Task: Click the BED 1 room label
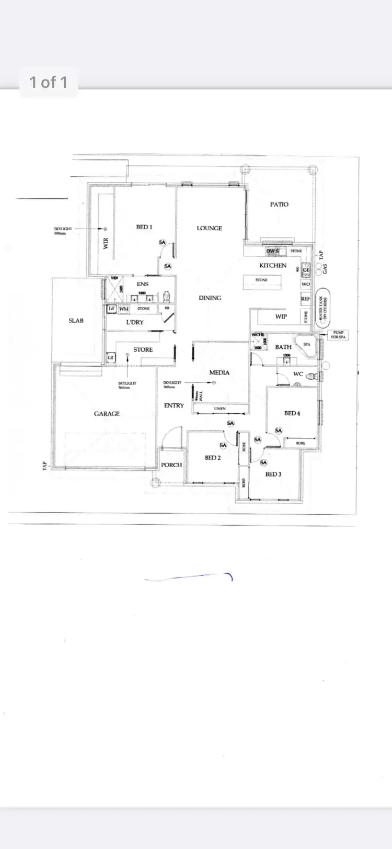click(x=144, y=227)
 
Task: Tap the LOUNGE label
click(x=209, y=228)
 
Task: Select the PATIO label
click(x=279, y=204)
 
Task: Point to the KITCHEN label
click(x=273, y=265)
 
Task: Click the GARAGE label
click(x=107, y=414)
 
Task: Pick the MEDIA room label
click(x=220, y=372)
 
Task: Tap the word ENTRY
click(x=174, y=405)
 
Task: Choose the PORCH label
click(x=171, y=465)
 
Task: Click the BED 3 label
click(x=273, y=474)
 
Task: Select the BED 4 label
click(x=292, y=413)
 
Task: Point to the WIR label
click(x=106, y=243)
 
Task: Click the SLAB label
click(x=76, y=320)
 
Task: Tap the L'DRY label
click(x=135, y=322)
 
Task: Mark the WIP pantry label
click(x=281, y=316)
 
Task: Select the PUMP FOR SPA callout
click(x=339, y=335)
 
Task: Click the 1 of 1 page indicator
click(x=48, y=82)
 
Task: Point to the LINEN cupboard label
click(x=220, y=409)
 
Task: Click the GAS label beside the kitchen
click(x=325, y=269)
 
